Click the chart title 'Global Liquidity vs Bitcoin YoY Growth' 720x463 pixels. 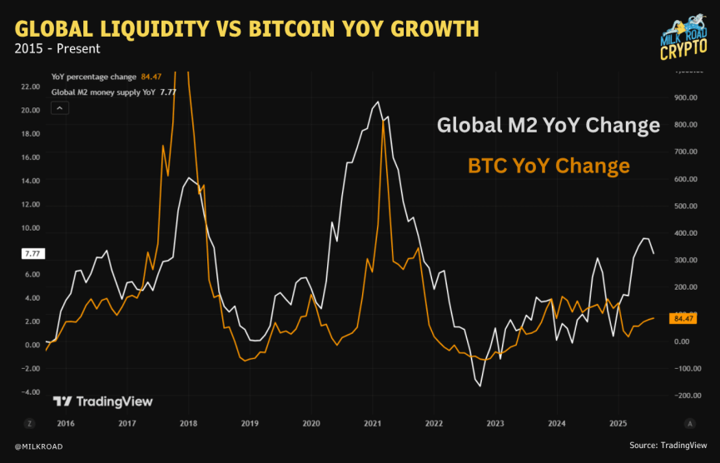click(x=246, y=29)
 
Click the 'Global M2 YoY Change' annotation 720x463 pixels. click(x=549, y=126)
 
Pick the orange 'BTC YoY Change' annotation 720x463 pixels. click(x=549, y=166)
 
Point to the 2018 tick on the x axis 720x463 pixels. click(x=188, y=423)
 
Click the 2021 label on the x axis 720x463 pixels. click(x=373, y=423)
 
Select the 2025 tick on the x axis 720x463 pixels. click(x=618, y=423)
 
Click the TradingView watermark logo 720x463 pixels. click(x=102, y=401)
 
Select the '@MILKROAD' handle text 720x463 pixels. click(x=38, y=447)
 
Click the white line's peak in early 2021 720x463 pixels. click(x=379, y=102)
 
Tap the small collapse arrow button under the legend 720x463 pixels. click(x=59, y=107)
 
